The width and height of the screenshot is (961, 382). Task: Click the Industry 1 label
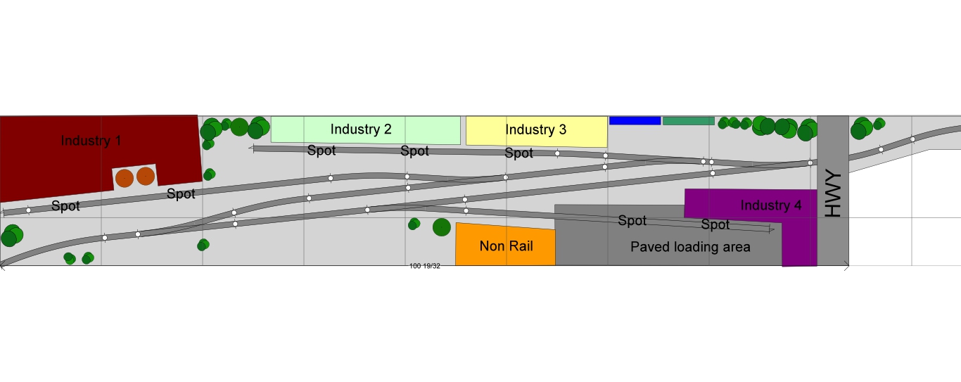(x=91, y=141)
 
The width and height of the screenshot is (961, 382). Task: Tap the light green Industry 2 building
(x=361, y=129)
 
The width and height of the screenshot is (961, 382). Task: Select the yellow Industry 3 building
(x=535, y=130)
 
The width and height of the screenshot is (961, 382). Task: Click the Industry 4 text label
(x=770, y=205)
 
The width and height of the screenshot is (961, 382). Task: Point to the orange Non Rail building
(x=506, y=246)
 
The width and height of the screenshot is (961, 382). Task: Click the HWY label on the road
(x=833, y=193)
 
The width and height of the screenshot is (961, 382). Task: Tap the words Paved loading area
(x=690, y=247)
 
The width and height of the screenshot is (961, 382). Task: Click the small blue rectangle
(x=635, y=120)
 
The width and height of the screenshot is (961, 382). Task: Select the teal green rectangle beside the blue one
(x=688, y=121)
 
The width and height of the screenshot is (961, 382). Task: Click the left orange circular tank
(x=124, y=177)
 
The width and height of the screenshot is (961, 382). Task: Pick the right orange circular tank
(x=146, y=176)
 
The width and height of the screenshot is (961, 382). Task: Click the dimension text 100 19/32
(x=425, y=266)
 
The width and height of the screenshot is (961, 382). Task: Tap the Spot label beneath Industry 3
(x=518, y=153)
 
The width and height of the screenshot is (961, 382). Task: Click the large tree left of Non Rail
(x=441, y=227)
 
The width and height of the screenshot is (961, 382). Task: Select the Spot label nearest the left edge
(x=65, y=206)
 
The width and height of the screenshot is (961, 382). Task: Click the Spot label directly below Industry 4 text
(x=715, y=225)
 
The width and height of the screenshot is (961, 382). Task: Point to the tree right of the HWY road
(x=860, y=129)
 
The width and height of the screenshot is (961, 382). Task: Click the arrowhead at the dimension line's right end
(x=846, y=265)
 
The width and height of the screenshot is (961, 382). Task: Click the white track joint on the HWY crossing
(x=810, y=163)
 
